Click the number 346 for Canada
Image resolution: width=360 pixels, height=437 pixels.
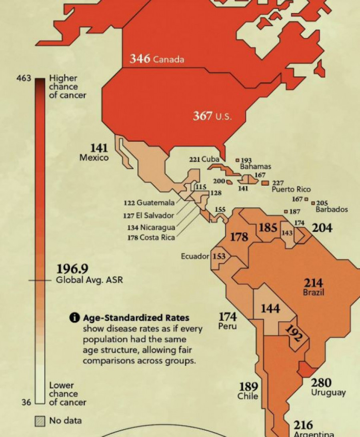pyautogui.click(x=140, y=59)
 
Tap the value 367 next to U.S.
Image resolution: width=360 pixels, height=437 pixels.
pyautogui.click(x=202, y=116)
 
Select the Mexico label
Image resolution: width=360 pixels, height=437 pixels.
pyautogui.click(x=94, y=158)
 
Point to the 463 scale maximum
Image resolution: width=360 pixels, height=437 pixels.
pyautogui.click(x=24, y=79)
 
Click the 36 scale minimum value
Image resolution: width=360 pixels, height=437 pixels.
pyautogui.click(x=26, y=402)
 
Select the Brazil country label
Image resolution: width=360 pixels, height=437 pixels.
pyautogui.click(x=313, y=293)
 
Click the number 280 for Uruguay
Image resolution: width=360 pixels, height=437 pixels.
pyautogui.click(x=321, y=383)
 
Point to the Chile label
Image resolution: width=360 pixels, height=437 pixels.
pyautogui.click(x=248, y=396)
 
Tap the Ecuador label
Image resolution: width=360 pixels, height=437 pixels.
pyautogui.click(x=195, y=257)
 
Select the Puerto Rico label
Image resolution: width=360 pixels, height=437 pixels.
pyautogui.click(x=291, y=189)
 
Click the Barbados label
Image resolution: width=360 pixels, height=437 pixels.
pyautogui.click(x=332, y=209)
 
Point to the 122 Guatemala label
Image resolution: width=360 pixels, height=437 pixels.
pyautogui.click(x=149, y=203)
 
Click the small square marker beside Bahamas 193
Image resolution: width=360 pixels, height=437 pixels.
pyautogui.click(x=237, y=160)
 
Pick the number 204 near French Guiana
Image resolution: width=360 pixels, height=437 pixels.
pyautogui.click(x=322, y=228)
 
